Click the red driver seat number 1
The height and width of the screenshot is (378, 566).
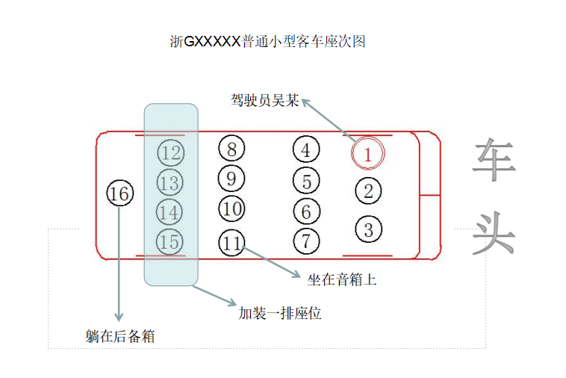(x=367, y=153)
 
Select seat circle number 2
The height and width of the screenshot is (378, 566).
(x=368, y=190)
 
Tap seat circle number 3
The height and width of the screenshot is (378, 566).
(x=368, y=229)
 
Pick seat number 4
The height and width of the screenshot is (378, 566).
(x=306, y=150)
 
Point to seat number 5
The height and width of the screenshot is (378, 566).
(x=306, y=181)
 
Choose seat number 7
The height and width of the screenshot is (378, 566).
(x=306, y=241)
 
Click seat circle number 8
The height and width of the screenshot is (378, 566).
(x=232, y=149)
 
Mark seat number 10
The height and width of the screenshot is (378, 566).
(x=232, y=208)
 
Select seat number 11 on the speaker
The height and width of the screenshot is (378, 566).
(x=233, y=243)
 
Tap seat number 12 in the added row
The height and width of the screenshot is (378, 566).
(x=171, y=153)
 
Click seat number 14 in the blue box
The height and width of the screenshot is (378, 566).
(x=170, y=212)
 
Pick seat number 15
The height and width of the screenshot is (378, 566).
(x=170, y=241)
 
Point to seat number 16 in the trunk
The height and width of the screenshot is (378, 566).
(x=119, y=194)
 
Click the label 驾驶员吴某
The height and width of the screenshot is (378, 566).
(x=264, y=100)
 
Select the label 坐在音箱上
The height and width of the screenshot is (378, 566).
(x=342, y=280)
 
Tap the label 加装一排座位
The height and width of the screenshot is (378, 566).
(x=280, y=313)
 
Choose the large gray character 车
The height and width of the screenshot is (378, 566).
(x=494, y=158)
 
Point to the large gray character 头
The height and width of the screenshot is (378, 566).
(x=494, y=232)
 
